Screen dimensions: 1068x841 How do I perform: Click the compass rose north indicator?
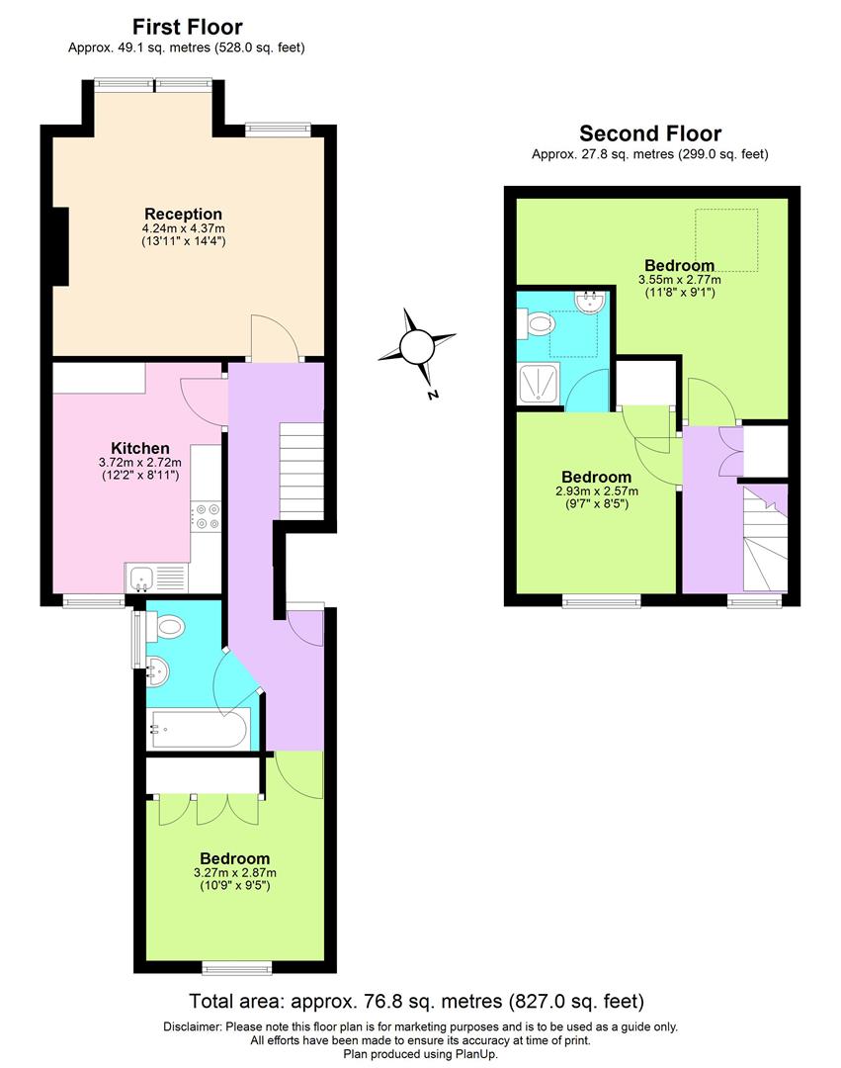[x=419, y=347]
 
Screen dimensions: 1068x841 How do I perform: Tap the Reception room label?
[x=183, y=214]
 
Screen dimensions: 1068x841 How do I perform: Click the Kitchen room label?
[x=139, y=448]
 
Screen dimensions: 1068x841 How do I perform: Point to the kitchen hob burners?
[x=207, y=517]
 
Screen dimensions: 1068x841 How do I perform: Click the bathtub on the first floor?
[x=198, y=730]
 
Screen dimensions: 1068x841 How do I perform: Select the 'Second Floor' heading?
[x=649, y=133]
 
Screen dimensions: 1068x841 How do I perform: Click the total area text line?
[x=419, y=1001]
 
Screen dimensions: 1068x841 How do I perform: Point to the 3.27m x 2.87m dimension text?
[x=234, y=872]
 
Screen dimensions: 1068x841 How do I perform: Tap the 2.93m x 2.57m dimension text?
[x=597, y=490]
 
